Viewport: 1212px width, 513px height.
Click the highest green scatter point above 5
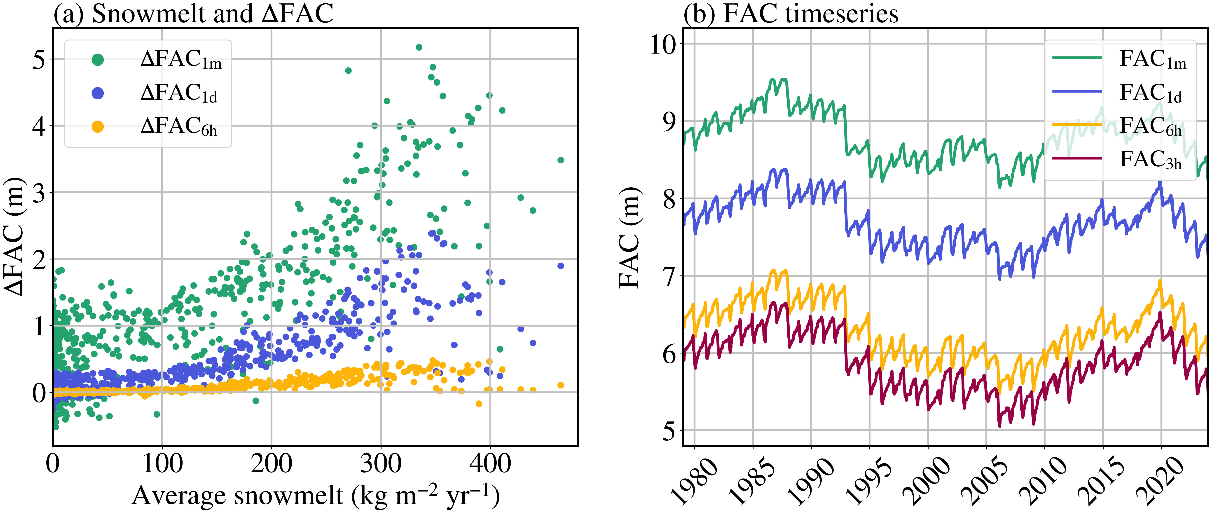[x=419, y=47]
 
